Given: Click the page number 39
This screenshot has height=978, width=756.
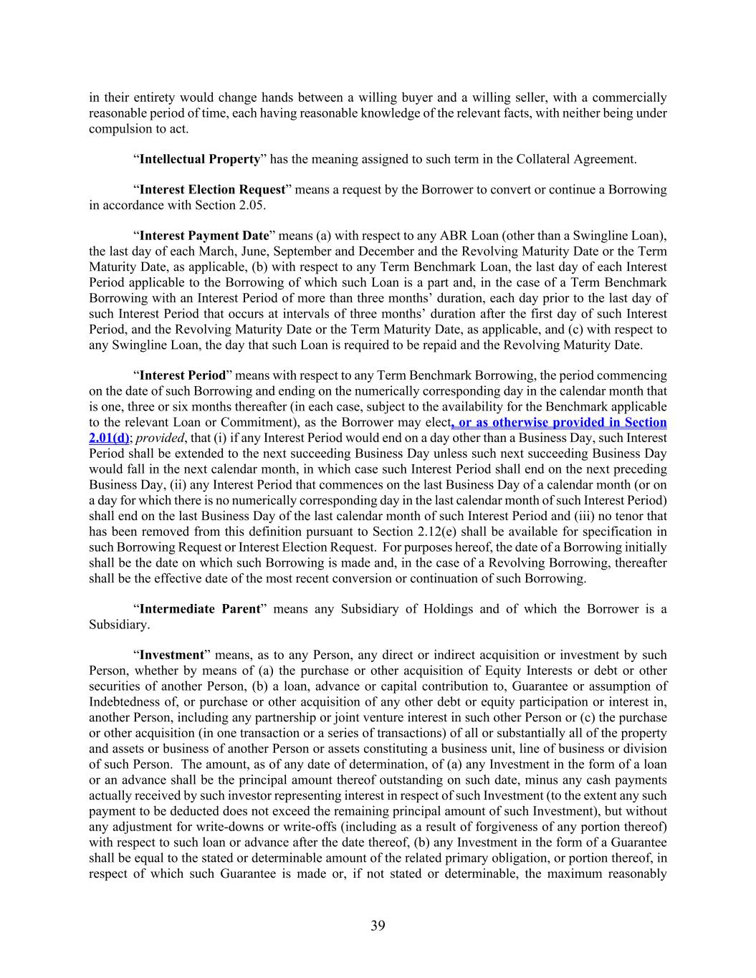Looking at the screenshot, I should [x=378, y=926].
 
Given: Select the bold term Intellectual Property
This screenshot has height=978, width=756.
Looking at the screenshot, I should [x=199, y=159].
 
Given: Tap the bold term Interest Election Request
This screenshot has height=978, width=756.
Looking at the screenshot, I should [x=212, y=190].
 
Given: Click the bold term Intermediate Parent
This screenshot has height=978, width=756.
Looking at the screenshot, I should [x=199, y=609].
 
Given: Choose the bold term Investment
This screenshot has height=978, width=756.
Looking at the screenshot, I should [x=171, y=655].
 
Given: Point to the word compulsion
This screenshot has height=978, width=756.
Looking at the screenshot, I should [x=118, y=129].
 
